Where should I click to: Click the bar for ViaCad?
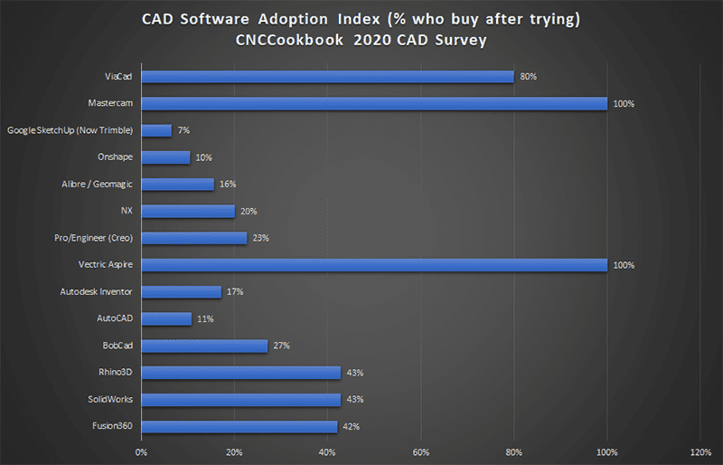(328, 77)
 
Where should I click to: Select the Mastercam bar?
(375, 104)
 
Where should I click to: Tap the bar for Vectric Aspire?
(375, 265)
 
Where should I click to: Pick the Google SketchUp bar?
(157, 130)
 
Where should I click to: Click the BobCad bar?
(205, 346)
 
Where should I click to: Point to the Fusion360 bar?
(239, 426)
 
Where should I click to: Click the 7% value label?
(183, 131)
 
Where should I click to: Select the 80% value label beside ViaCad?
(529, 77)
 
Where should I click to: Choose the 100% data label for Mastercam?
(624, 104)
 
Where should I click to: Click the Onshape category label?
(116, 157)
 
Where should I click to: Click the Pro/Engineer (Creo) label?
(92, 238)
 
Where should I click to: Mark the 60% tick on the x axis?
(420, 451)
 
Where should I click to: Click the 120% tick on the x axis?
(700, 451)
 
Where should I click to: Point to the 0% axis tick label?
(141, 451)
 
